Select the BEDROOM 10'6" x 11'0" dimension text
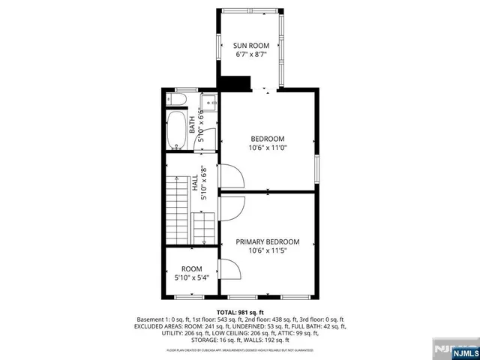[268, 148]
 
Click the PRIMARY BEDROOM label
[268, 241]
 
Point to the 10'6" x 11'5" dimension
[268, 251]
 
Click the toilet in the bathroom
[180, 99]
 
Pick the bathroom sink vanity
[208, 101]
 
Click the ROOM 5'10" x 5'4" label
[192, 273]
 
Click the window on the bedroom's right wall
[316, 169]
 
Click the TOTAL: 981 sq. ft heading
[240, 311]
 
